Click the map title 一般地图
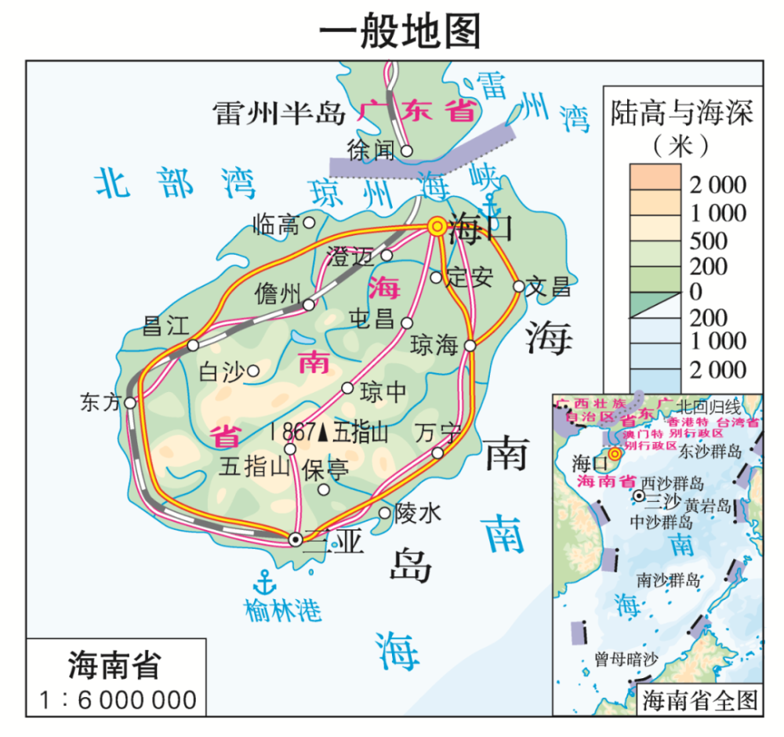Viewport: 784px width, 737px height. (399, 31)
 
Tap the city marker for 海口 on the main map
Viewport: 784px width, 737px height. (437, 226)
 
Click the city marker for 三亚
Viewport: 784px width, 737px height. (296, 539)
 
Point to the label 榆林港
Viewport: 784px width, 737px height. (283, 609)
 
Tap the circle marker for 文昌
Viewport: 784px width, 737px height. (518, 286)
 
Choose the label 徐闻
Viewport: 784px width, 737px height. (371, 150)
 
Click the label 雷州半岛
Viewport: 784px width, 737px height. (279, 114)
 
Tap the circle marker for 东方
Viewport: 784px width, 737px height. (130, 403)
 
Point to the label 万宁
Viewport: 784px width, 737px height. (437, 432)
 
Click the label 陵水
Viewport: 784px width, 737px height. (418, 514)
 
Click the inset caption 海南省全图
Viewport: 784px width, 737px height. (701, 700)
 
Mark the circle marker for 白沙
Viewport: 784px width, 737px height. (253, 371)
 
